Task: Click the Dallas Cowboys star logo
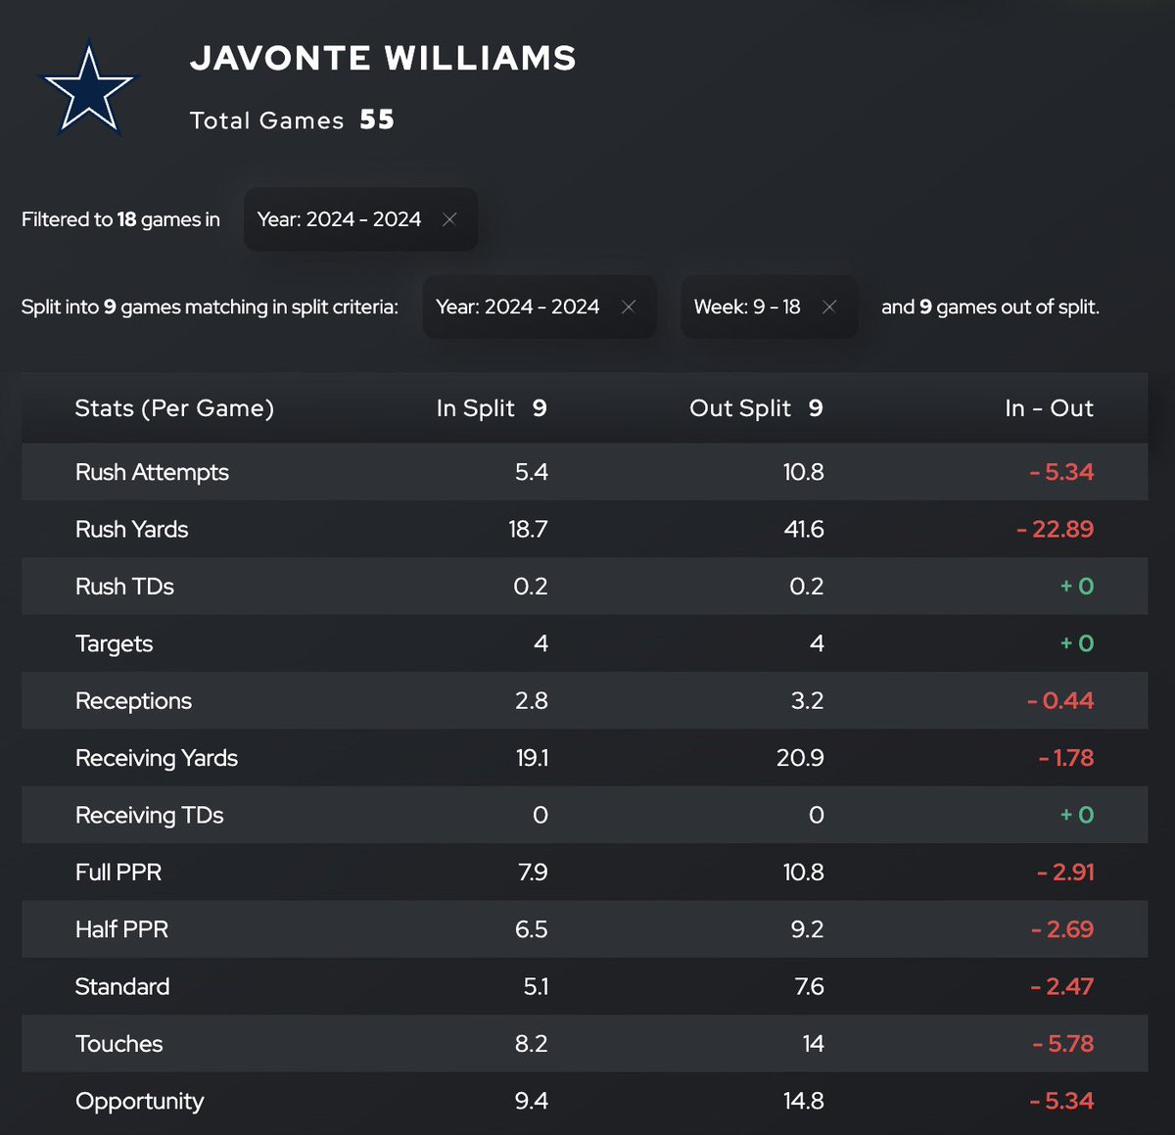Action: coord(88,89)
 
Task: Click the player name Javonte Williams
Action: coord(383,59)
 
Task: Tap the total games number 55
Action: coord(377,120)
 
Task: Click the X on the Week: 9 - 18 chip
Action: coord(829,307)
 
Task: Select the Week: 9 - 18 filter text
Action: coord(747,307)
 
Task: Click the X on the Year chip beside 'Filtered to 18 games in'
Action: coord(449,219)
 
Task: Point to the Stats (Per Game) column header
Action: coord(174,408)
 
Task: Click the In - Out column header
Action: coord(1049,408)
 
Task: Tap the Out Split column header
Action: coord(755,408)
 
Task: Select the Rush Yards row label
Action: coord(131,530)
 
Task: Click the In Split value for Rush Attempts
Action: coord(531,472)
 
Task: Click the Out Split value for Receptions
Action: coord(807,701)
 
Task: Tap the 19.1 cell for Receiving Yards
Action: coord(532,758)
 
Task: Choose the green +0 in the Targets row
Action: coord(1077,643)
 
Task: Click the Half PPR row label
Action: coord(121,929)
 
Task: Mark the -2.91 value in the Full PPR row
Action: coord(1065,873)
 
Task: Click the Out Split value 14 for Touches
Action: coord(813,1044)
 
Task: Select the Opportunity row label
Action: coord(139,1101)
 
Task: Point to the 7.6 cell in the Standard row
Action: coord(809,986)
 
